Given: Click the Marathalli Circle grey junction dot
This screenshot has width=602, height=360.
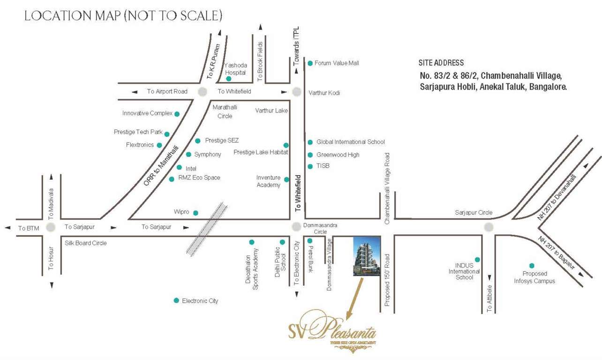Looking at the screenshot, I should pyautogui.click(x=203, y=92).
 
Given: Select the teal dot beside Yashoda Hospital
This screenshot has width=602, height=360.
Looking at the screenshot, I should pyautogui.click(x=228, y=79).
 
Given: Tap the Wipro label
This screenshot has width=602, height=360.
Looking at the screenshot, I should pyautogui.click(x=181, y=212).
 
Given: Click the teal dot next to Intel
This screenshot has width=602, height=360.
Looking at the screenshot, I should pyautogui.click(x=179, y=167).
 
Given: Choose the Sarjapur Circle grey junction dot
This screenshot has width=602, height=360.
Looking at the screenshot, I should pyautogui.click(x=489, y=227).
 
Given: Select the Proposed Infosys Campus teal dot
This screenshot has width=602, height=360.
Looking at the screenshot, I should pyautogui.click(x=532, y=266).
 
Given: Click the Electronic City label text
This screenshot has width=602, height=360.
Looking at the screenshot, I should pyautogui.click(x=200, y=300).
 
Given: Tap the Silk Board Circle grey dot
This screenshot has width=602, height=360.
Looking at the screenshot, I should pyautogui.click(x=51, y=227).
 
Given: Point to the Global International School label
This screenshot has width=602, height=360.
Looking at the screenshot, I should pyautogui.click(x=350, y=142).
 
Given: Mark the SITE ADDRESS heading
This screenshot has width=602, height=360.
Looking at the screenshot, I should pyautogui.click(x=441, y=63).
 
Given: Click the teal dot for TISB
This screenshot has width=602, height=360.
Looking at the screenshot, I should pyautogui.click(x=310, y=166).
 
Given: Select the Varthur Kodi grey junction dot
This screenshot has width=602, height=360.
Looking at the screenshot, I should pyautogui.click(x=296, y=92).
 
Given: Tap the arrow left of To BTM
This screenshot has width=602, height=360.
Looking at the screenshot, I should pyautogui.click(x=8, y=228).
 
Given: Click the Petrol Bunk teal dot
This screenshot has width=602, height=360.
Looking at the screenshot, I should pyautogui.click(x=310, y=241).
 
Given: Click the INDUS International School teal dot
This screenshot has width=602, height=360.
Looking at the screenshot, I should pyautogui.click(x=477, y=260).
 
